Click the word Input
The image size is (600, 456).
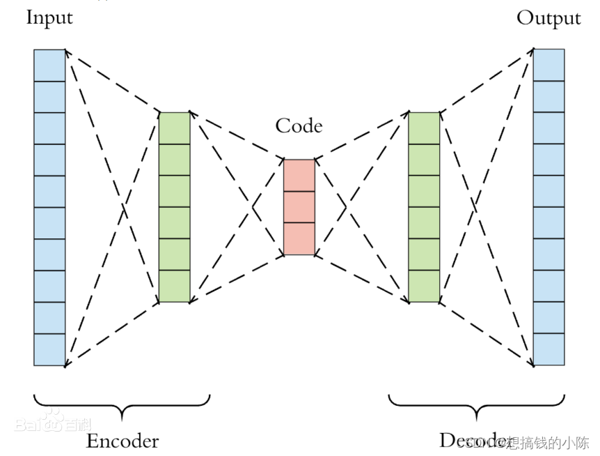(x=49, y=17)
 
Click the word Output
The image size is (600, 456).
(x=548, y=17)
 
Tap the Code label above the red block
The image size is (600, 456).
(x=299, y=126)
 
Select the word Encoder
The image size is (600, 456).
(x=122, y=441)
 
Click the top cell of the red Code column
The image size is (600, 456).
(x=299, y=175)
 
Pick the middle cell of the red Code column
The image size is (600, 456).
(x=299, y=207)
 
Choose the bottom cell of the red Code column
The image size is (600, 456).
(x=299, y=238)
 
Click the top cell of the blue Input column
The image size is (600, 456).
(x=49, y=65)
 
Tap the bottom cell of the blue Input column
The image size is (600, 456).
(x=49, y=349)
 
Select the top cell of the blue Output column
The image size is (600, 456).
(x=548, y=65)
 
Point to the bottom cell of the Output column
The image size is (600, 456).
(x=548, y=349)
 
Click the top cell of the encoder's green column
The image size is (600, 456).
(x=174, y=128)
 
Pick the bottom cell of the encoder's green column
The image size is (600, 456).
(x=174, y=286)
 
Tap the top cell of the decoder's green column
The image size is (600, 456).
(x=424, y=128)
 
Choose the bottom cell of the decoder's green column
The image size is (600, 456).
(x=424, y=286)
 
